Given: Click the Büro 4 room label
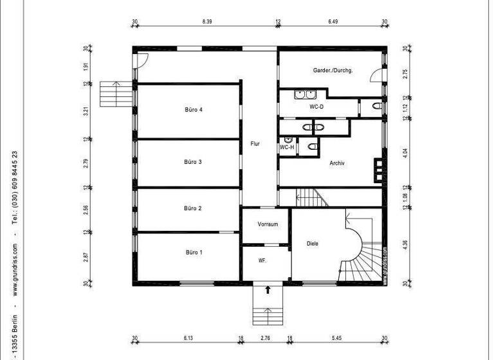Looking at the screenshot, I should coord(194,110).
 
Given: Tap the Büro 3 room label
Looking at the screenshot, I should coord(193,162).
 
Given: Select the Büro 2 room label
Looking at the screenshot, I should coord(193,208).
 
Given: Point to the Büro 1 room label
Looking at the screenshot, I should coord(193,253).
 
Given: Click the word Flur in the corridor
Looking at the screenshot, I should coord(255,144).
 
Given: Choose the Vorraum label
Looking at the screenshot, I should coord(267,224).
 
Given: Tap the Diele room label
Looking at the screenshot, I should coord(313,243).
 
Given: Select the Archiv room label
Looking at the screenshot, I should coord(337,163).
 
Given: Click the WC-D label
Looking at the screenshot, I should coord(316,107).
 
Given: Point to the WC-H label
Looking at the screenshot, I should coord(287,147).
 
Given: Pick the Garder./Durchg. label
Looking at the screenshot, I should coord(333,70).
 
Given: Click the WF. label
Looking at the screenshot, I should coord(262,261).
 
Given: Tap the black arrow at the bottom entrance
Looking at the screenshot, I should coord(268,290).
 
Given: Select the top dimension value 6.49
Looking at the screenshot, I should coord(333,21).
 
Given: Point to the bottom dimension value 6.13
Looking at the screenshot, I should coord(188,337).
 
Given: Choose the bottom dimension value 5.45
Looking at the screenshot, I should coord(338,337).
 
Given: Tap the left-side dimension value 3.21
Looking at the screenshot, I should coord(86,111).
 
